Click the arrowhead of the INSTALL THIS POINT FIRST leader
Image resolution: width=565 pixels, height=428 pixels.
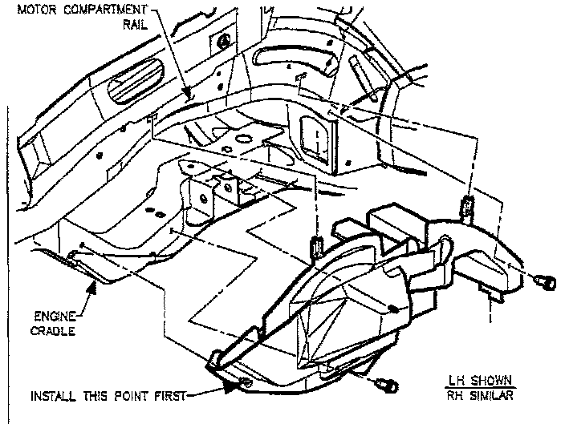pyautogui.click(x=234, y=388)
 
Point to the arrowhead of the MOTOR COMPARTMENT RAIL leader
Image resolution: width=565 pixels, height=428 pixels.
pyautogui.click(x=190, y=96)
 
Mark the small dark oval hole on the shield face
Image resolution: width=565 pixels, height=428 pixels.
pyautogui.click(x=391, y=307)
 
